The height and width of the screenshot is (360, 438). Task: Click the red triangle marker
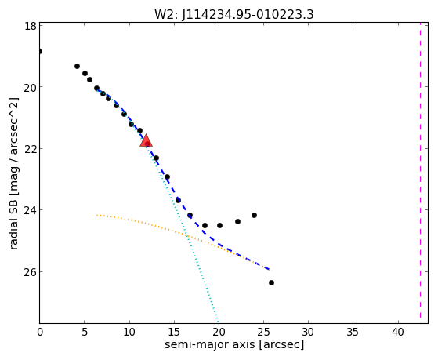pos(146,140)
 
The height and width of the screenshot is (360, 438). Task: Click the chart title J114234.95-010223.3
pos(248,15)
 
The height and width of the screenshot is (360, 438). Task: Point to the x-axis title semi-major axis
pos(209,344)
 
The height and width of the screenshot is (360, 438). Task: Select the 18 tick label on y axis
pos(31,26)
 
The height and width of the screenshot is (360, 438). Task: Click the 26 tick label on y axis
pos(31,272)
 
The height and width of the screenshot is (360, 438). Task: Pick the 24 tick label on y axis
pos(31,210)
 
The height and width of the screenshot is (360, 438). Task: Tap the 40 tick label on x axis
pos(398,332)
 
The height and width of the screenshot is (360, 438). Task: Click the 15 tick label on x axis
pos(174,332)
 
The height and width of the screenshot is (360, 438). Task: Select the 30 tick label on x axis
pos(308,332)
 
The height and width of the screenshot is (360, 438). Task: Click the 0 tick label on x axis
pos(40,332)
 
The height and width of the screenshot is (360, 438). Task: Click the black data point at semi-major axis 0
pos(40,52)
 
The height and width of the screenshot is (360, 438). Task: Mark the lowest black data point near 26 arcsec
pos(271,283)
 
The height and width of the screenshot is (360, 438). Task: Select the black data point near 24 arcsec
pos(254,216)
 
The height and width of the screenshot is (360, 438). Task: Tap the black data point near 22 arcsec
pos(237,221)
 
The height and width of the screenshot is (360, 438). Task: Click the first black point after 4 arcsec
pos(77,67)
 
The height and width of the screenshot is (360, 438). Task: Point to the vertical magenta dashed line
pos(420,173)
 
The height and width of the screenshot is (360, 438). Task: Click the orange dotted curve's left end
pos(97,215)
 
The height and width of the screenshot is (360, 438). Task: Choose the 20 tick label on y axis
pos(31,88)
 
